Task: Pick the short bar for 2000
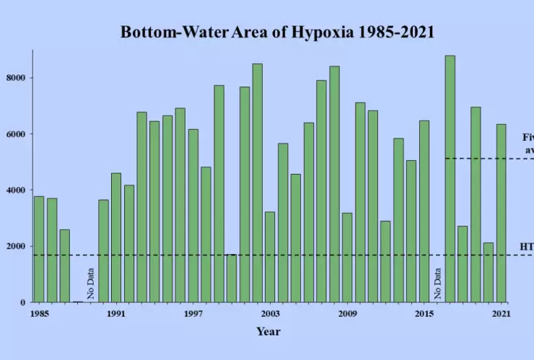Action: point(231,278)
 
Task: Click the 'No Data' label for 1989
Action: point(91,283)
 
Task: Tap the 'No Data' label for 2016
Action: point(437,283)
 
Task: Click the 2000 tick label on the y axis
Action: point(19,247)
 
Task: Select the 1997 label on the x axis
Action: point(193,314)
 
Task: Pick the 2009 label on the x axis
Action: point(347,314)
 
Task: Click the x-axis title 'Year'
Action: point(268,332)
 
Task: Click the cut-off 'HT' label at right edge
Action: point(527,247)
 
